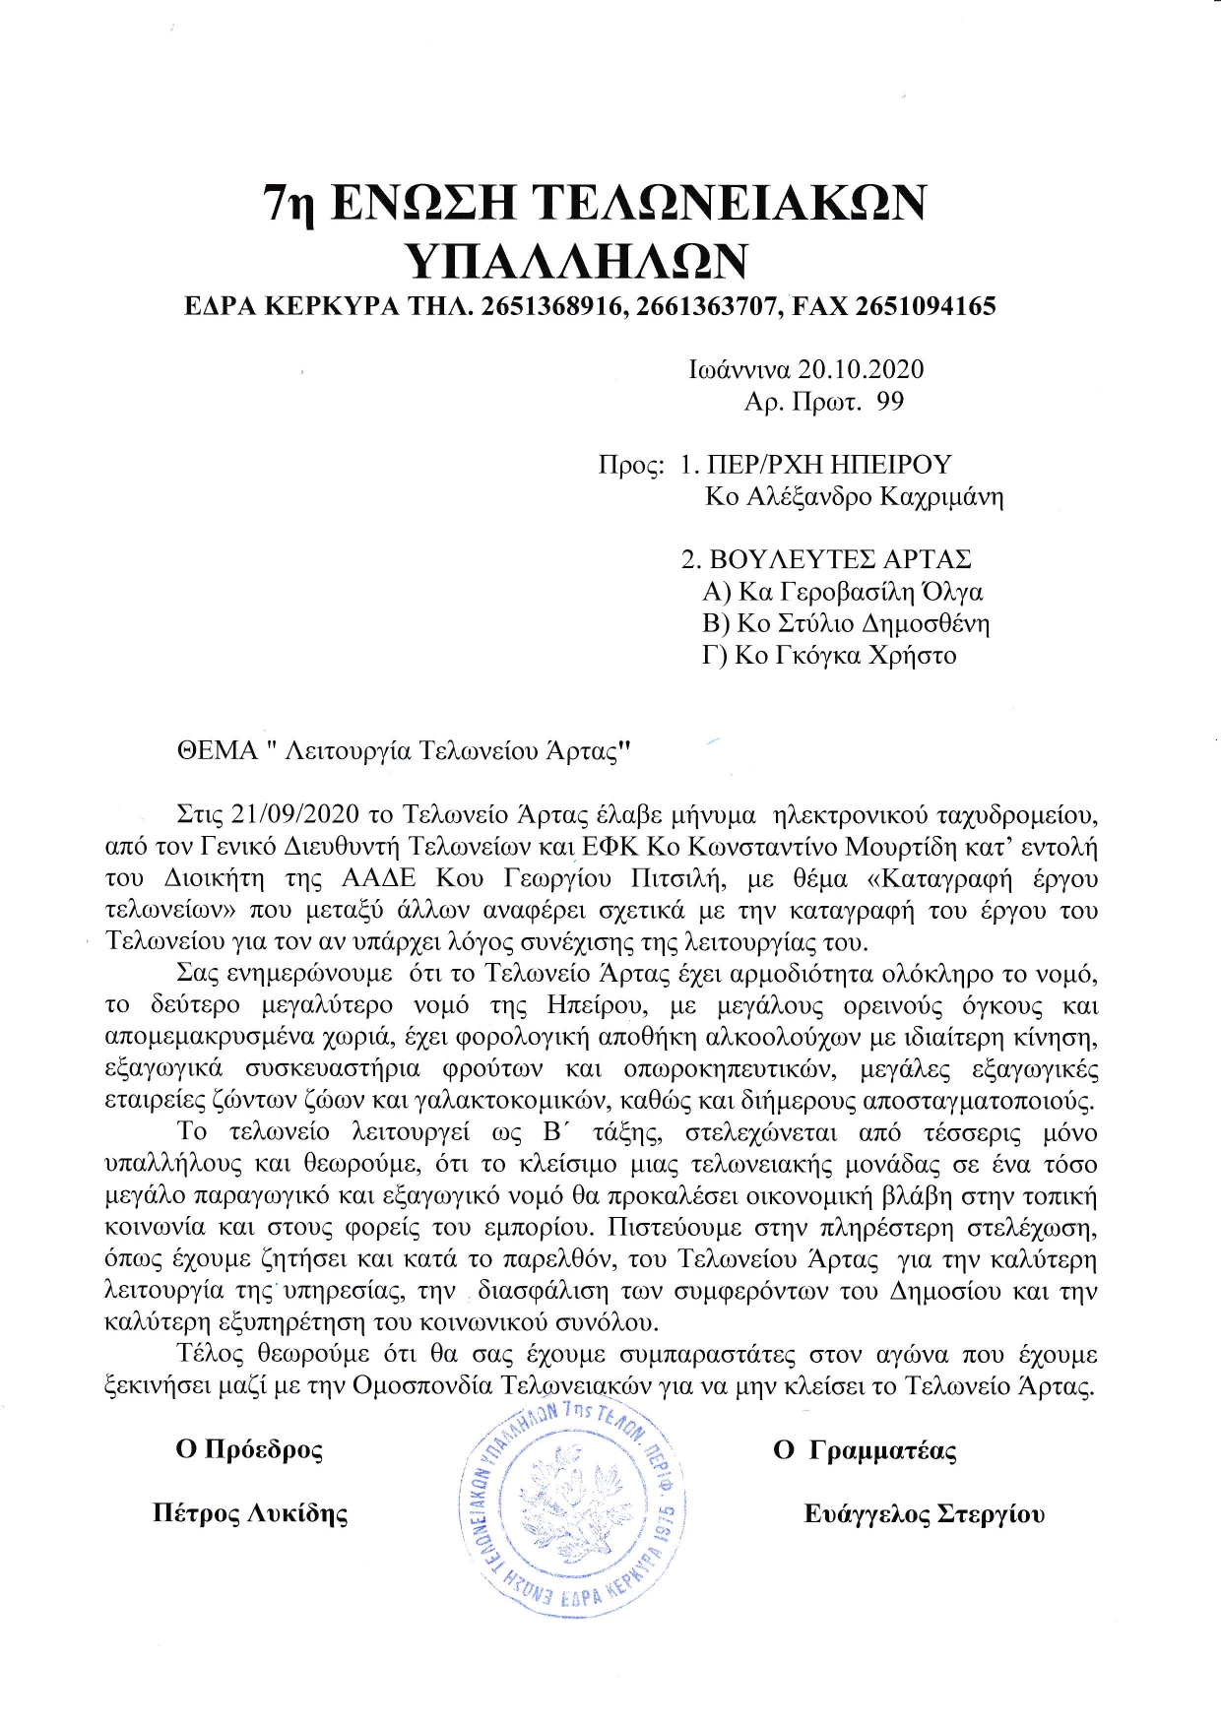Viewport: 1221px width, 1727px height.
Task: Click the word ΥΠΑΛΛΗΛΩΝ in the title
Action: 577,261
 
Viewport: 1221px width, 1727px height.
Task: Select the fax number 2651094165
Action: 925,306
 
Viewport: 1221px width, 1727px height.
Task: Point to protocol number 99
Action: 889,402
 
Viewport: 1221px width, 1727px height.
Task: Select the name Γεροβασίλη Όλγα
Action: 880,592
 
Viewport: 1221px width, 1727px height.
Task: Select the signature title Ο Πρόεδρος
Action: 249,1449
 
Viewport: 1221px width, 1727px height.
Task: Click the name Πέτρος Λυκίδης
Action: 250,1513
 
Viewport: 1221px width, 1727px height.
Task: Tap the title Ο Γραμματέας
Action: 865,1450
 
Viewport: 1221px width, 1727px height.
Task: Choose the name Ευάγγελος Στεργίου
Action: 924,1514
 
